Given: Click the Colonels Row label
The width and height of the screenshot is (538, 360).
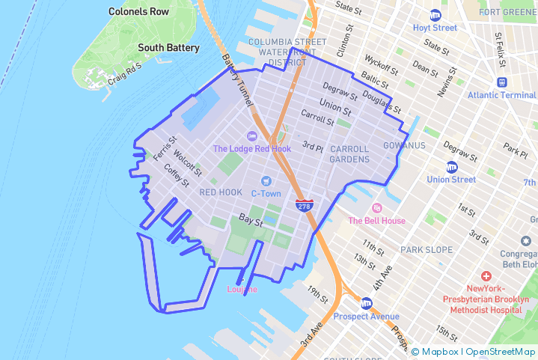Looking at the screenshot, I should (x=138, y=12).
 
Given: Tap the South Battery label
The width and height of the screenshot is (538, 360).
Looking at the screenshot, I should (x=168, y=48).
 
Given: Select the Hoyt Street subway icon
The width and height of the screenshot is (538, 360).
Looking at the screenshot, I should (x=435, y=15).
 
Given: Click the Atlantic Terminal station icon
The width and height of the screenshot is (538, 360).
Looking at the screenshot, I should (x=501, y=82).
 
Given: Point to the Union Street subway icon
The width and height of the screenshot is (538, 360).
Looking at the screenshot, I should (x=451, y=167).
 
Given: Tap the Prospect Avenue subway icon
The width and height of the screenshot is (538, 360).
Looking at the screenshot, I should (x=366, y=303).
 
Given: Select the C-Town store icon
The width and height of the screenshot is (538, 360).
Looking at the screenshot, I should (x=266, y=180).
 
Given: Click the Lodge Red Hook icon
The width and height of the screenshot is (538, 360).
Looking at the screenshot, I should (x=251, y=135).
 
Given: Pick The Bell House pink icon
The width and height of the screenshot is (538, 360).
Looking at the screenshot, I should (x=376, y=207).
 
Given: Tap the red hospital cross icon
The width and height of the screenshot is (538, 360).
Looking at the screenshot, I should (x=486, y=276).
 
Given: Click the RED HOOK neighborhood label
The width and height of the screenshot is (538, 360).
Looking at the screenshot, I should (x=221, y=192).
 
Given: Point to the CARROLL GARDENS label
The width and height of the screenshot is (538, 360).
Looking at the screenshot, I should (x=349, y=154).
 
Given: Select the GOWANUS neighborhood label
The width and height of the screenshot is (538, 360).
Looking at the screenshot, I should (x=404, y=145).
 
